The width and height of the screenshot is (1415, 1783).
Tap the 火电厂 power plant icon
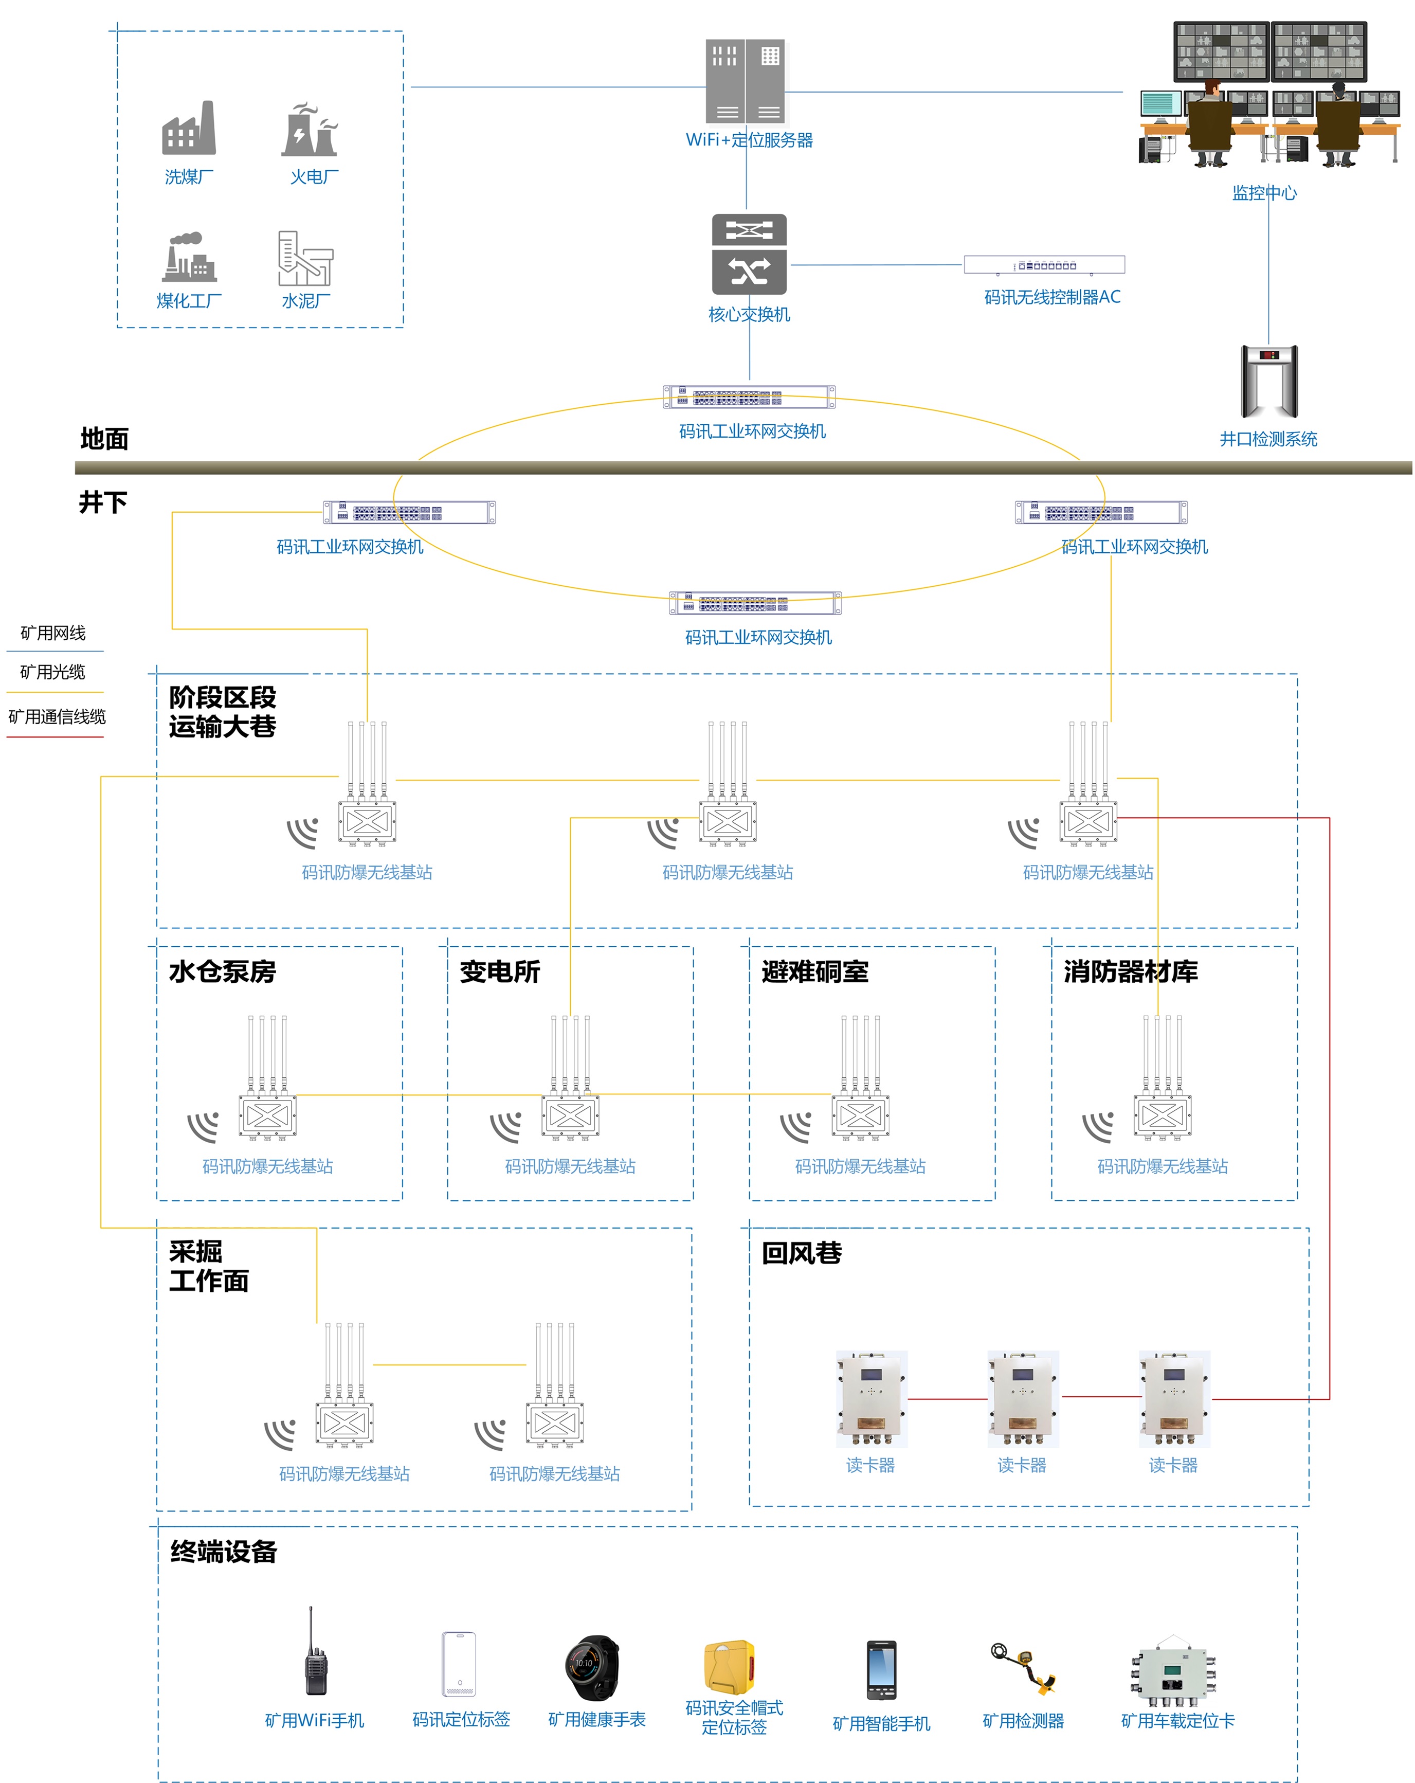310,130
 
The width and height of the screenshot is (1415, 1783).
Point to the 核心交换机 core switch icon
749,255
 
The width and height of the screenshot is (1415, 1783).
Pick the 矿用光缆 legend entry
53,672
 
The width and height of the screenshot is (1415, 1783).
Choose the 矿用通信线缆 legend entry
57,716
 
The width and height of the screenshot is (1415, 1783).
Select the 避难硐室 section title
814,971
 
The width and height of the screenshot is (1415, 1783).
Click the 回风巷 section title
801,1253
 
